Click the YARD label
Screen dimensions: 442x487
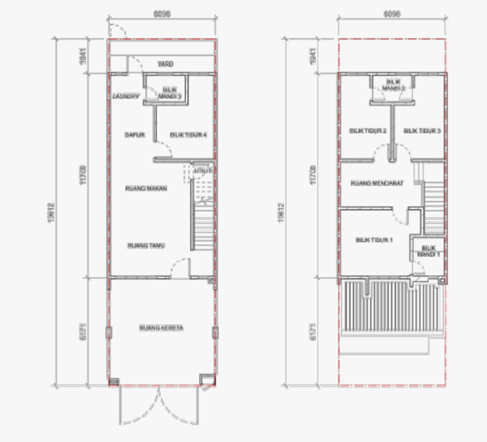click(x=164, y=65)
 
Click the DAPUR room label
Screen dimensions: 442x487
click(x=135, y=135)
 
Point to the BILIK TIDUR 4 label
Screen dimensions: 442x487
click(x=188, y=135)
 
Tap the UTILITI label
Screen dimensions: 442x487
click(x=202, y=168)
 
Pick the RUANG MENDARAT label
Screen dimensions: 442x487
click(x=377, y=184)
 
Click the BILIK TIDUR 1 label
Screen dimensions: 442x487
click(x=374, y=239)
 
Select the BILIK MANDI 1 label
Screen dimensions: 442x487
click(x=430, y=251)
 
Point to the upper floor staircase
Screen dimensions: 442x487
click(x=434, y=197)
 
